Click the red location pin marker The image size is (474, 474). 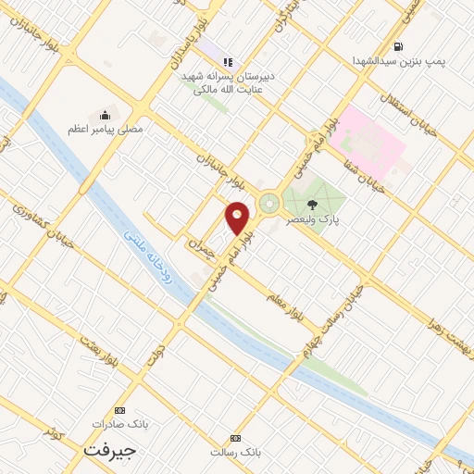(239, 217)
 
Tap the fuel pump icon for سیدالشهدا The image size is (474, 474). (398, 46)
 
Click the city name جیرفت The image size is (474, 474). (109, 450)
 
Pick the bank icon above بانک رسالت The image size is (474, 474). (236, 437)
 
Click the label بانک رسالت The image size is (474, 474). (236, 452)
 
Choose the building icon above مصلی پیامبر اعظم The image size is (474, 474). (105, 115)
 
